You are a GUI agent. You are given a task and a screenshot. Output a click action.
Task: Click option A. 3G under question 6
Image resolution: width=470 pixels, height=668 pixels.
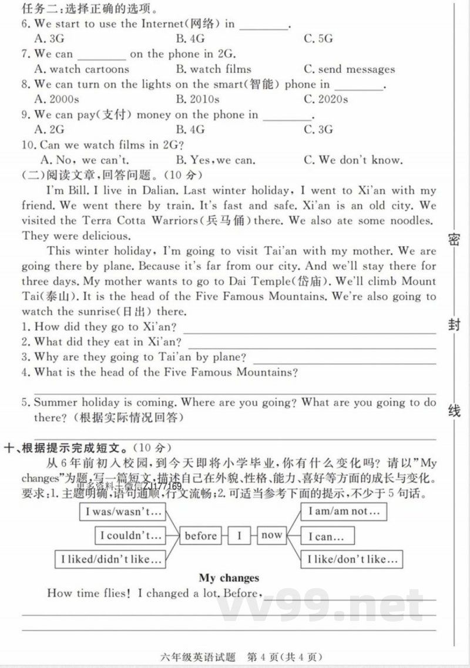(49, 39)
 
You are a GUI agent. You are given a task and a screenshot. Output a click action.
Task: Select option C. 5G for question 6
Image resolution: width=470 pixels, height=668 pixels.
(318, 39)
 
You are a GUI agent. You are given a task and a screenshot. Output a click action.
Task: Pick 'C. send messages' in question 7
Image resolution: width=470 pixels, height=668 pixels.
(349, 69)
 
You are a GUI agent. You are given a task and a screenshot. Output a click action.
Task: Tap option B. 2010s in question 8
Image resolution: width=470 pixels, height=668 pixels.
(197, 99)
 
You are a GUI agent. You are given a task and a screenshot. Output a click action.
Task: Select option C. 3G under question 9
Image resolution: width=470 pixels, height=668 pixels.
(318, 130)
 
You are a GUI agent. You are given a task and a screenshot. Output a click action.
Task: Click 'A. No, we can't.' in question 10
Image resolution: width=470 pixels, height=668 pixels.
(84, 160)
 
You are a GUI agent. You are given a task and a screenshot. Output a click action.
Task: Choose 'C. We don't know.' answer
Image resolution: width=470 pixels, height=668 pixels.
(353, 160)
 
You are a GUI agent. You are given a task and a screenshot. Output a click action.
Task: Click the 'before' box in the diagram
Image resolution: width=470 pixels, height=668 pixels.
(201, 535)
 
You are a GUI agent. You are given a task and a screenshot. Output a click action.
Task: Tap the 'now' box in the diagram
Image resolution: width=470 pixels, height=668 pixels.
(271, 535)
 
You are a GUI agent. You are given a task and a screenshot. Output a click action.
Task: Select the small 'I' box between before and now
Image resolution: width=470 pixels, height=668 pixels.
(239, 535)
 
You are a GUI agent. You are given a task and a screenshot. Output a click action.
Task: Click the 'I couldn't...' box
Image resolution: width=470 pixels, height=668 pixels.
(130, 535)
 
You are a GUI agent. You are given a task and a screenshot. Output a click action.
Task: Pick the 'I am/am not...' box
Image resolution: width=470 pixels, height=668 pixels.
(344, 511)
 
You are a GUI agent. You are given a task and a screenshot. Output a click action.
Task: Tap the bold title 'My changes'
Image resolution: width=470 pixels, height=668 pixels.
(229, 578)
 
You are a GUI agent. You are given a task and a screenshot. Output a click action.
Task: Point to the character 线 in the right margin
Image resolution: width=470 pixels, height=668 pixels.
(454, 411)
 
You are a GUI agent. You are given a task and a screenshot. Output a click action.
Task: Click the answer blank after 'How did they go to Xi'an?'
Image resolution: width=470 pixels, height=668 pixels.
(311, 327)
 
